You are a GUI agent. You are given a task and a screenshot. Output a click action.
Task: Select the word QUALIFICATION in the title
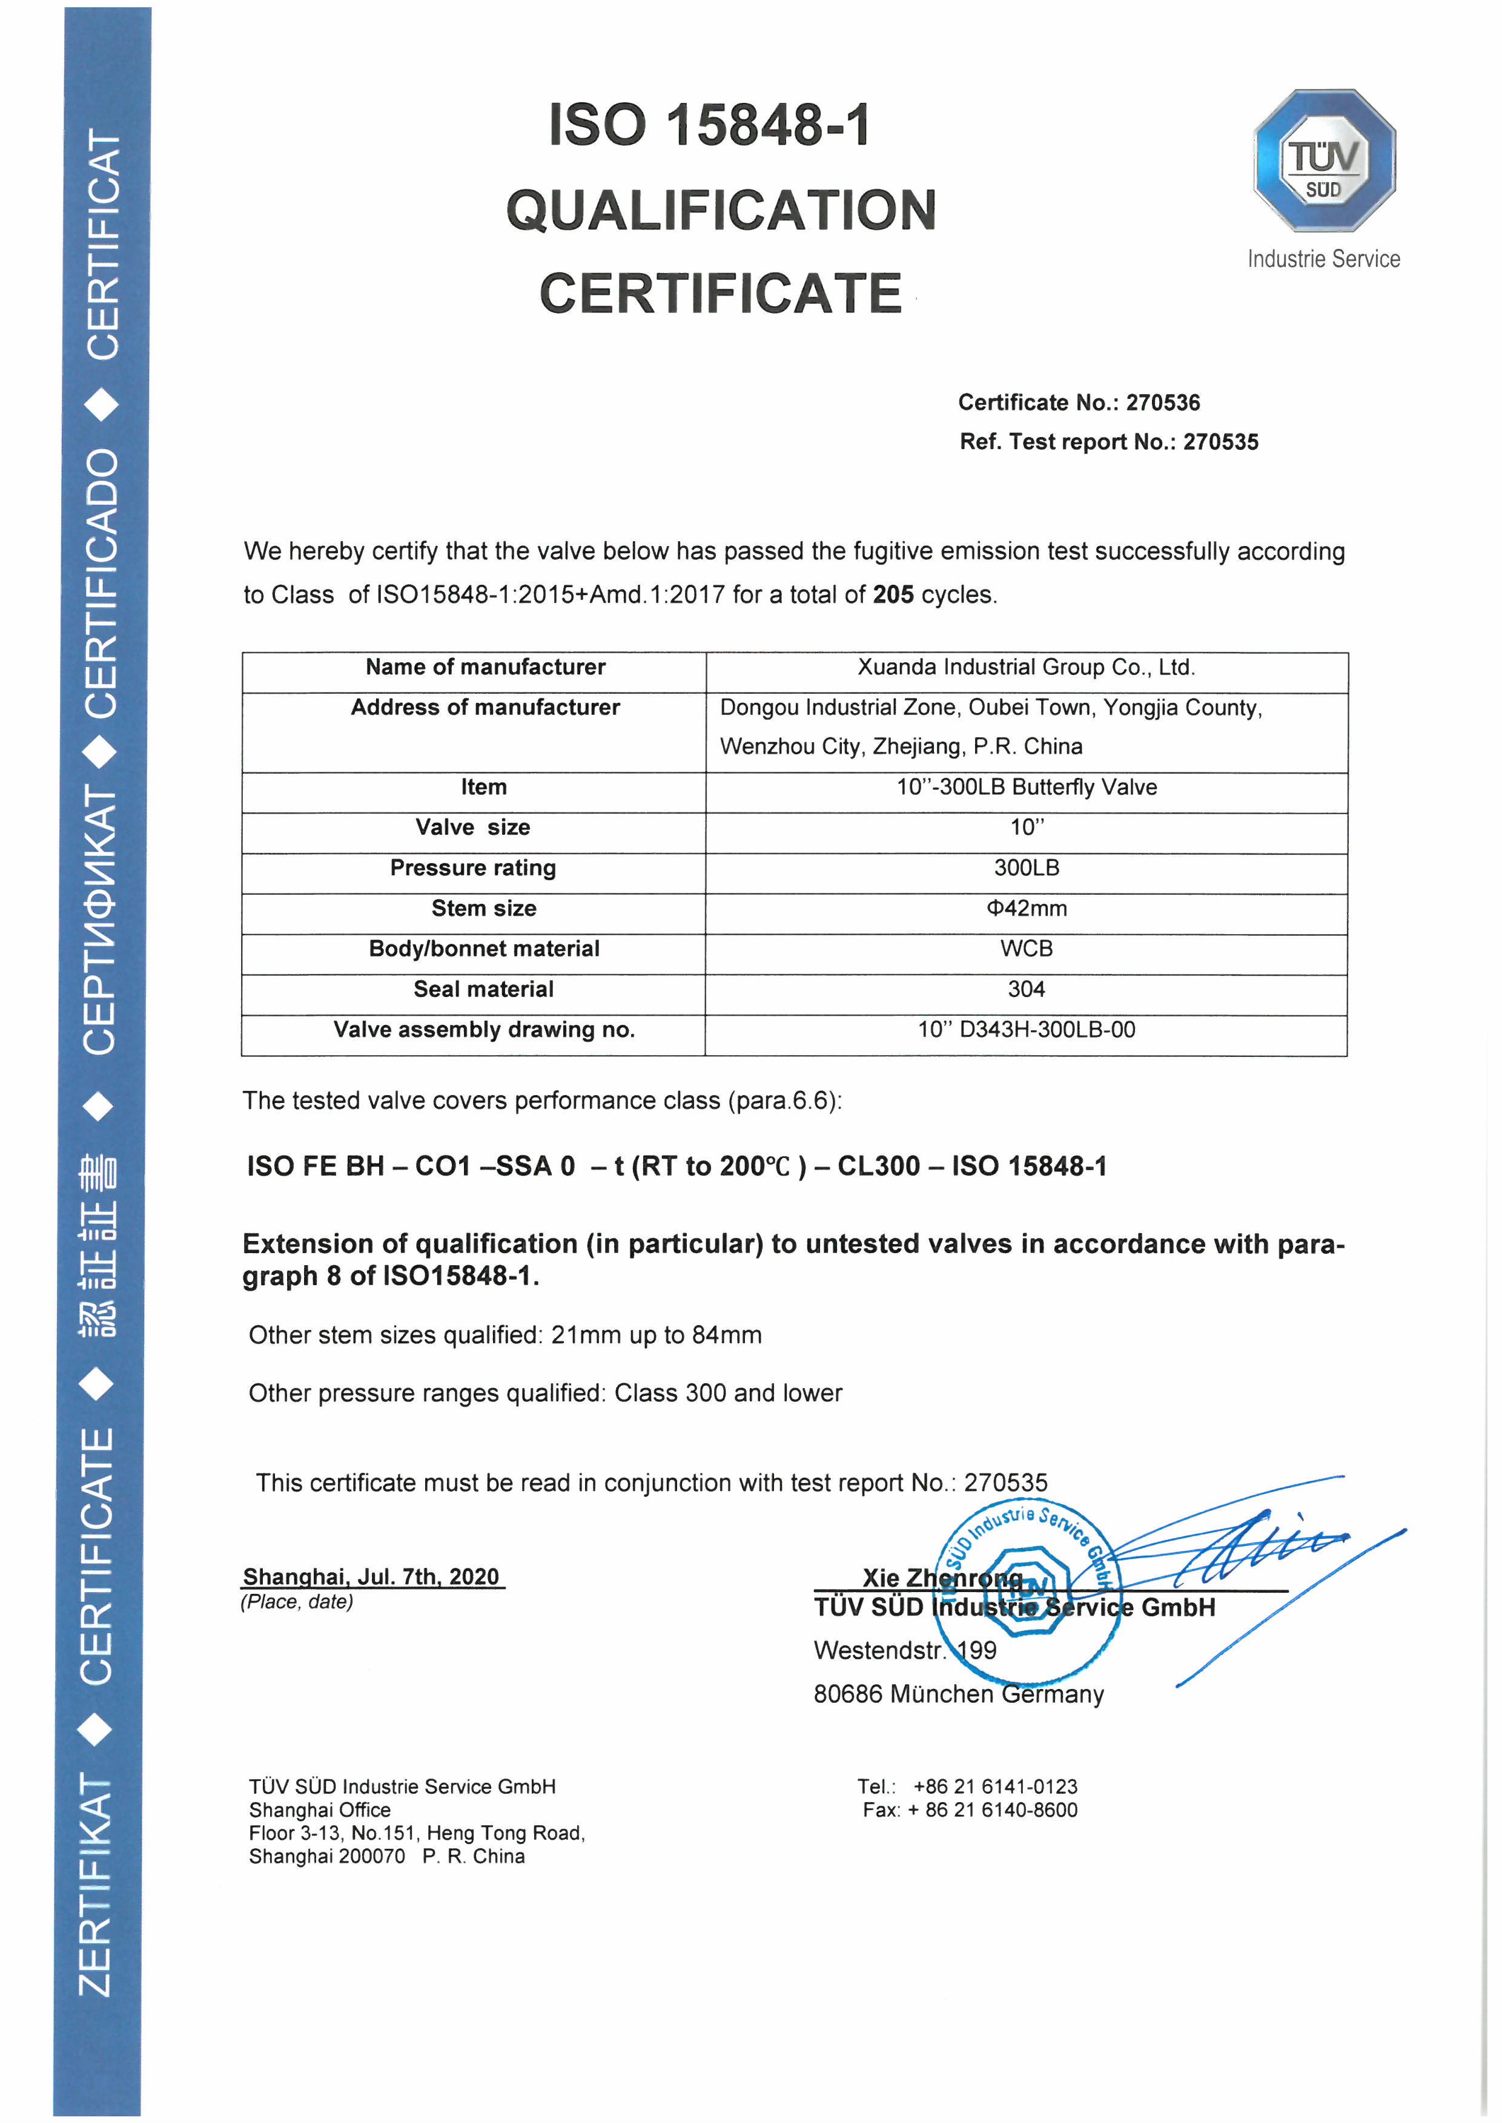pyautogui.click(x=721, y=210)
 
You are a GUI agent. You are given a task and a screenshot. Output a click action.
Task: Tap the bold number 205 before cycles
pyautogui.click(x=893, y=594)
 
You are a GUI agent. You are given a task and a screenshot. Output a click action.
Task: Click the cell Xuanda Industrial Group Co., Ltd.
pyautogui.click(x=1026, y=668)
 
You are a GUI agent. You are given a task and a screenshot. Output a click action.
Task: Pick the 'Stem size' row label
pyautogui.click(x=484, y=909)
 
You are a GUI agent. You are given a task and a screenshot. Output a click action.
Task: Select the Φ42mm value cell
pyautogui.click(x=1026, y=909)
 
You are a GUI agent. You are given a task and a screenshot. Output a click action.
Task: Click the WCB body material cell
pyautogui.click(x=1026, y=949)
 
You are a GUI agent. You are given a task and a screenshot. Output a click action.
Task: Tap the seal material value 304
pyautogui.click(x=1026, y=989)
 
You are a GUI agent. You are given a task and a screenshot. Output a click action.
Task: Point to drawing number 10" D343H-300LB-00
pyautogui.click(x=1026, y=1030)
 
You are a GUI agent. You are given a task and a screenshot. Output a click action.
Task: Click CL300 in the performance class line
pyautogui.click(x=878, y=1167)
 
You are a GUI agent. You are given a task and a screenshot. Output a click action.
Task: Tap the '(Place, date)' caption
pyautogui.click(x=297, y=1602)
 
